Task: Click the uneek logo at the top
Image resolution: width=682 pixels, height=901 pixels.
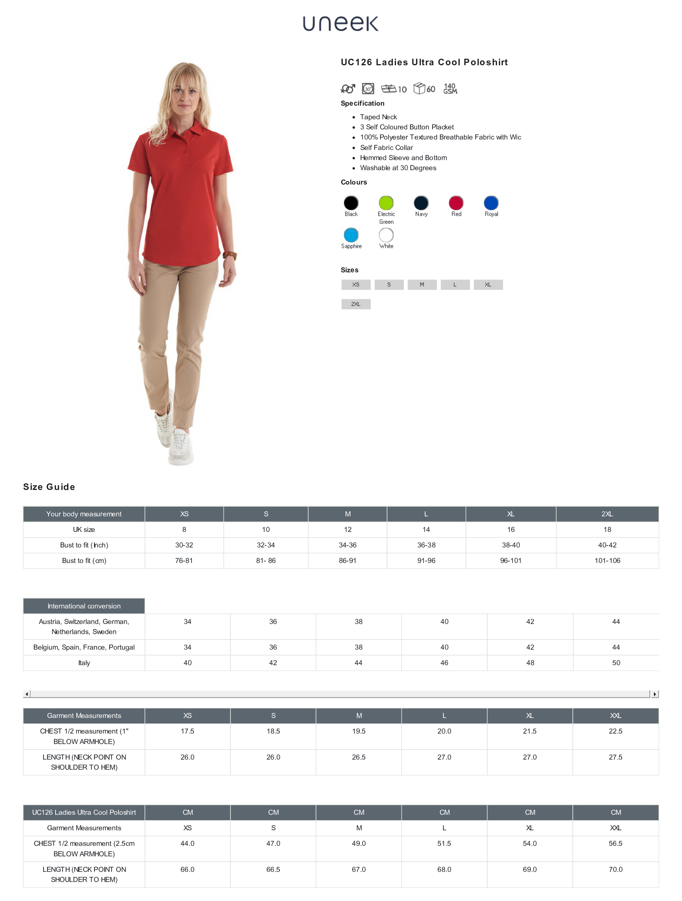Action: coord(340,24)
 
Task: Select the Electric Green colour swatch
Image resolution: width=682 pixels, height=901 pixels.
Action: coord(386,203)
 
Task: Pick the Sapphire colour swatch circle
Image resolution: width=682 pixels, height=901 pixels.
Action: coord(351,235)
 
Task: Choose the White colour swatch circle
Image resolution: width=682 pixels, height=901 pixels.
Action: coord(386,235)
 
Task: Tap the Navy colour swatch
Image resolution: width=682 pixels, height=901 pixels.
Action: coord(421,203)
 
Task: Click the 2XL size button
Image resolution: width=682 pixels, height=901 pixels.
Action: coord(356,304)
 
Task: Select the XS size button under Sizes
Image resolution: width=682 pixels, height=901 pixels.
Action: coord(356,285)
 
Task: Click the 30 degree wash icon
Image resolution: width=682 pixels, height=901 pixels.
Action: coord(368,88)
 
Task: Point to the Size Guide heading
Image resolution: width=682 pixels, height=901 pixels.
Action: coord(49,487)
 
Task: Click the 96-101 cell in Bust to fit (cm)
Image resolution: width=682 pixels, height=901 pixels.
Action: coord(511,561)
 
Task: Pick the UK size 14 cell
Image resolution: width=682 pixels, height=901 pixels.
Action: coord(426,530)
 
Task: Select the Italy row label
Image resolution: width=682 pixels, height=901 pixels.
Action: coord(84,663)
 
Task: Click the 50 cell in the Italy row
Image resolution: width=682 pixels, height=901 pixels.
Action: coord(616,663)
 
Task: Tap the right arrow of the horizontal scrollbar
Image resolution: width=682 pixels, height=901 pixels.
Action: coord(655,694)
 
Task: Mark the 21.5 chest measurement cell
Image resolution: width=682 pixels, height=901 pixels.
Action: coord(530,731)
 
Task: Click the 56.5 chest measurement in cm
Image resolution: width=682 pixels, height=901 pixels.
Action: coord(615,843)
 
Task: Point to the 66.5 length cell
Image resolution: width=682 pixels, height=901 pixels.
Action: coord(273,869)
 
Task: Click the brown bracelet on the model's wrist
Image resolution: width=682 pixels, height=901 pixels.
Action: coord(230,256)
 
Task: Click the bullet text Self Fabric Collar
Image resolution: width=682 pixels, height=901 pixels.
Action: coord(386,148)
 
